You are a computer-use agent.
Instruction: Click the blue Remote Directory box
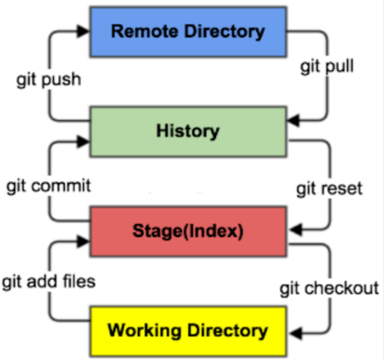[188, 32]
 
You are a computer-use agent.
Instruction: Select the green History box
[188, 131]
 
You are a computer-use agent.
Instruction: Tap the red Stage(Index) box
[188, 231]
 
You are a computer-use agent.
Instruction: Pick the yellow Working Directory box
[188, 331]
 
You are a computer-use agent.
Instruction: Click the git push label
[49, 79]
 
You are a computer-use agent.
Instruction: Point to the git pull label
[327, 66]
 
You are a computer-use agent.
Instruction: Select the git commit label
[49, 185]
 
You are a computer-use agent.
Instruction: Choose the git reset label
[329, 188]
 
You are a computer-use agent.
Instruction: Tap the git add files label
[49, 281]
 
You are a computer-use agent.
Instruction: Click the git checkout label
[329, 289]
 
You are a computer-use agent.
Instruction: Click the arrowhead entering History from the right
[293, 121]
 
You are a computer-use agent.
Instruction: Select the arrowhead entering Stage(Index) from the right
[294, 230]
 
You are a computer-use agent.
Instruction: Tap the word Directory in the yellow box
[227, 331]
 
